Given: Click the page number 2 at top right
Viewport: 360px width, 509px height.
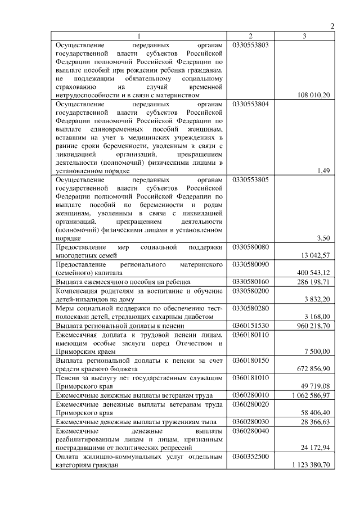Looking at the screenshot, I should [x=332, y=26].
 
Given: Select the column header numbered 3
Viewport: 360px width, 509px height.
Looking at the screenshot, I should [x=304, y=36].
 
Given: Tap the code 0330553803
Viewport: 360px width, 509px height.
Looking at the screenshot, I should [x=250, y=44].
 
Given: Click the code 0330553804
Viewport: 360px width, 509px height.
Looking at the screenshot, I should [x=250, y=104].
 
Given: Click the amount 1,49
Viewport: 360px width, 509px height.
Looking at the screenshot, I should [x=323, y=171].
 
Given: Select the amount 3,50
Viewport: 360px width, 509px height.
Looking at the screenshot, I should [x=323, y=238].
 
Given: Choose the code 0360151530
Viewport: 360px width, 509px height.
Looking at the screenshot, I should [x=250, y=326].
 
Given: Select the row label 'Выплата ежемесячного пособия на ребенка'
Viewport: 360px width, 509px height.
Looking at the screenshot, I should [x=124, y=281].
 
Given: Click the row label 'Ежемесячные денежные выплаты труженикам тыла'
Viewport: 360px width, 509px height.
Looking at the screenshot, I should [x=139, y=422].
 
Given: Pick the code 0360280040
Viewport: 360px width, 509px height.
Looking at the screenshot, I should [x=250, y=430].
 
